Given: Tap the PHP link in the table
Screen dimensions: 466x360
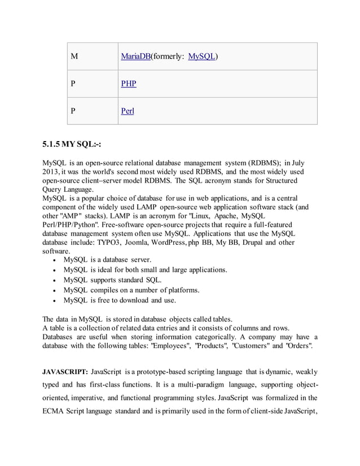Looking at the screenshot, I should point(129,84).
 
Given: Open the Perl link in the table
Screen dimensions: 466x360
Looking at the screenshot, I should point(128,111).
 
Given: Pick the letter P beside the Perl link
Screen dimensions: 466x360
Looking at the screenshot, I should point(73,111).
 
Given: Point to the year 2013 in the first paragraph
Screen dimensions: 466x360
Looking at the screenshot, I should point(52,172).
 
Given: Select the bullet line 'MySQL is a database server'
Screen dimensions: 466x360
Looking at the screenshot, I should point(107,260).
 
